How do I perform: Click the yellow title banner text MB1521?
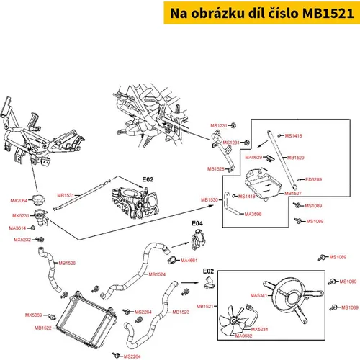[x=328, y=13]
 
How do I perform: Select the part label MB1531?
[x=66, y=195]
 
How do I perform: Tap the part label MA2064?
[x=19, y=200]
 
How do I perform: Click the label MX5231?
[x=21, y=215]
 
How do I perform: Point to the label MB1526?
[x=67, y=263]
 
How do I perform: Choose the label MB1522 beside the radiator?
[x=43, y=328]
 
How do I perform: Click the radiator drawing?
[x=86, y=318]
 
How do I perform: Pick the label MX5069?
[x=33, y=315]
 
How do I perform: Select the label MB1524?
[x=157, y=274]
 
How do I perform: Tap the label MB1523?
[x=181, y=312]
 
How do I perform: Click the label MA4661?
[x=189, y=261]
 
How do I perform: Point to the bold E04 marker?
[x=197, y=223]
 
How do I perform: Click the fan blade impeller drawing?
[x=233, y=321]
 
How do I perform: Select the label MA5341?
[x=258, y=295]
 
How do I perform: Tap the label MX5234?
[x=259, y=329]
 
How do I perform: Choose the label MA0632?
[x=243, y=336]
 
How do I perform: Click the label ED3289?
[x=313, y=179]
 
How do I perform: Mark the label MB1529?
[x=296, y=158]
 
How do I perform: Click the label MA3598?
[x=253, y=214]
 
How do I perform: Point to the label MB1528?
[x=216, y=169]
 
